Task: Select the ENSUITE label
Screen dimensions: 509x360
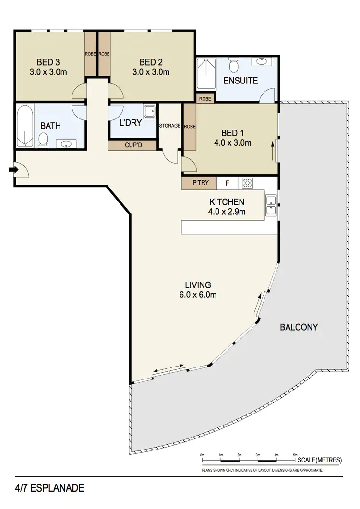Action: coord(240,81)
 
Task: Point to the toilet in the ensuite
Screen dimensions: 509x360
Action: coord(234,65)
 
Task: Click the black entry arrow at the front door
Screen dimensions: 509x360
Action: coord(12,169)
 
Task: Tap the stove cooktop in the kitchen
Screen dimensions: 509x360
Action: coord(248,183)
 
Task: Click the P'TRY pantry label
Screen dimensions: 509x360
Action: coord(199,183)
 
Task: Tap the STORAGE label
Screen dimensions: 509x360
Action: coord(170,126)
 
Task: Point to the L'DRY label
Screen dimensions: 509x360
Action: coord(130,123)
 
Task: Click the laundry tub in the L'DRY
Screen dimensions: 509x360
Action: coord(149,112)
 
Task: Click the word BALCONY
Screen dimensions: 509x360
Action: coord(299,327)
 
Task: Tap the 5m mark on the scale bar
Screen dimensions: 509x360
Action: coord(295,454)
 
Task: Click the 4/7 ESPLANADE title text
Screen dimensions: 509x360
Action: coord(43,488)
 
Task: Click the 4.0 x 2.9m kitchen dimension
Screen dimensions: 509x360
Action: coord(227,211)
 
